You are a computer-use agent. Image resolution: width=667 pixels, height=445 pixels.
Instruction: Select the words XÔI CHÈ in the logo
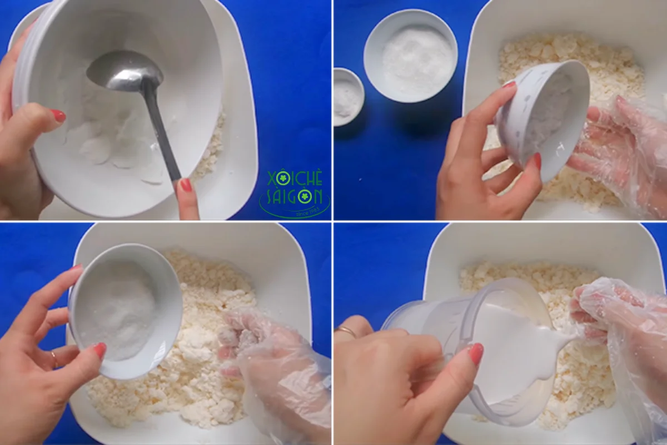point(295,178)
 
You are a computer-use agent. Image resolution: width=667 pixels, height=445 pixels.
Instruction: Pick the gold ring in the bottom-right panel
point(347,332)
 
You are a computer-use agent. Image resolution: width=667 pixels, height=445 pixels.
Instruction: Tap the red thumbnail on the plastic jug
point(476,354)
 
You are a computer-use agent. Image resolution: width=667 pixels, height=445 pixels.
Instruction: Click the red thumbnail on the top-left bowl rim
point(58,116)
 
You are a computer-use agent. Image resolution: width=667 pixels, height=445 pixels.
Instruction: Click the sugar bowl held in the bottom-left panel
point(125,309)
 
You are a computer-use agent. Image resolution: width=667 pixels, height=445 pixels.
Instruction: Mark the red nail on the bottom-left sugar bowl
point(100,350)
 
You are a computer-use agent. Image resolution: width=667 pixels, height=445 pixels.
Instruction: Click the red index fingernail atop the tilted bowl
point(509,85)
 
